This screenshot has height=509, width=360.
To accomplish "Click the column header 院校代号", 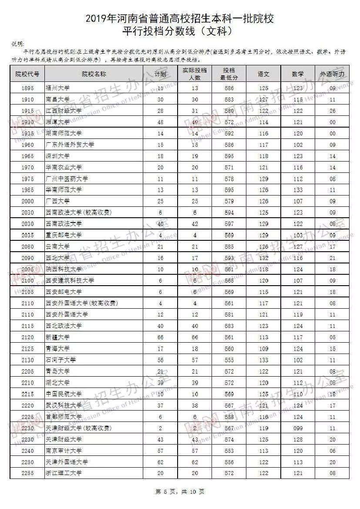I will pyautogui.click(x=27, y=74).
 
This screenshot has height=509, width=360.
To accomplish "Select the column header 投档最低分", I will pyautogui.click(x=229, y=74).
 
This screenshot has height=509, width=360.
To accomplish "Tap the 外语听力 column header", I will pyautogui.click(x=332, y=74).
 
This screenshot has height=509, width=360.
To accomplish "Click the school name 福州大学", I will pyautogui.click(x=57, y=88).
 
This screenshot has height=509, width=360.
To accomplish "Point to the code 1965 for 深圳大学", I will pyautogui.click(x=27, y=156).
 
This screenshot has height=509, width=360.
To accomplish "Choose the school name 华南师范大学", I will pyautogui.click(x=64, y=190).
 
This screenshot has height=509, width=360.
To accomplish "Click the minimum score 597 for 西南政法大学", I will pyautogui.click(x=229, y=224).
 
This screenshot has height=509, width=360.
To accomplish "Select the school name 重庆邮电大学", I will pyautogui.click(x=64, y=235).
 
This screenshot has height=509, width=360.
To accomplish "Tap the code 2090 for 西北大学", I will pyautogui.click(x=27, y=258).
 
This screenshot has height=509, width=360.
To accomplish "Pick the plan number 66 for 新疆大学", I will pyautogui.click(x=160, y=337).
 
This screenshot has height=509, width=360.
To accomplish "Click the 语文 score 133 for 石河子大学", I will pyautogui.click(x=263, y=360).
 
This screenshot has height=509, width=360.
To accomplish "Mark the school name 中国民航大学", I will pyautogui.click(x=64, y=394).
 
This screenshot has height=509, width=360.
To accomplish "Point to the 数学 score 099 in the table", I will pyautogui.click(x=298, y=428).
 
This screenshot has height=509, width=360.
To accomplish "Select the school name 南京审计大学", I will pyautogui.click(x=64, y=451).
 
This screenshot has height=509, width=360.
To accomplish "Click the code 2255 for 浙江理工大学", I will pyautogui.click(x=27, y=473).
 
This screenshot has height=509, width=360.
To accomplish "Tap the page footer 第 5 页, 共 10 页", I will pyautogui.click(x=180, y=492).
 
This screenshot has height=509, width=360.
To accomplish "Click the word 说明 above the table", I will pyautogui.click(x=18, y=44).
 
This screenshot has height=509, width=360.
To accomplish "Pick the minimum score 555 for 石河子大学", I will pyautogui.click(x=229, y=360).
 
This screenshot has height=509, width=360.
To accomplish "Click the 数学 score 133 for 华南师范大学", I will pyautogui.click(x=298, y=190).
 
